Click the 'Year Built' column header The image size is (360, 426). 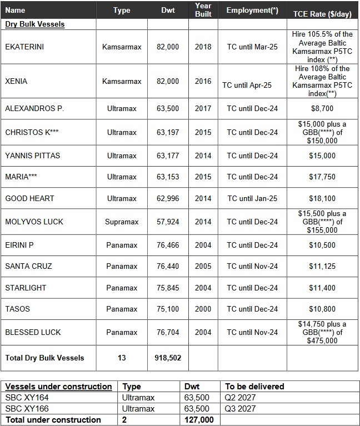tap(203, 10)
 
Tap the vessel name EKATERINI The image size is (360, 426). tap(24, 47)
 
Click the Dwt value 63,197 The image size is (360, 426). tap(168, 133)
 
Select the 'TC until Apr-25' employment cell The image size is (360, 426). tap(247, 85)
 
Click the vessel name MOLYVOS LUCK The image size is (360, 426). tap(34, 222)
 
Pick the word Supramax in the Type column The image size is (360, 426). tap(122, 222)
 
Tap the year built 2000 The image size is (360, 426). tap(203, 309)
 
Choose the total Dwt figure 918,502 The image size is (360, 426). tap(168, 358)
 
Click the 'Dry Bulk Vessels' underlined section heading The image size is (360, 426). tap(35, 24)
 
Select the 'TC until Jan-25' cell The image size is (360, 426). tap(252, 198)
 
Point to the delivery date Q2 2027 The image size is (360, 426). tap(241, 398)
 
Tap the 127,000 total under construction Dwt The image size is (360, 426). tap(198, 420)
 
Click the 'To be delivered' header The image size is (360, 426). tap(254, 387)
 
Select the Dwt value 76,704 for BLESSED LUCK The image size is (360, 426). tap(168, 332)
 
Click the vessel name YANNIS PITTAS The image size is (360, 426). tap(33, 156)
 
